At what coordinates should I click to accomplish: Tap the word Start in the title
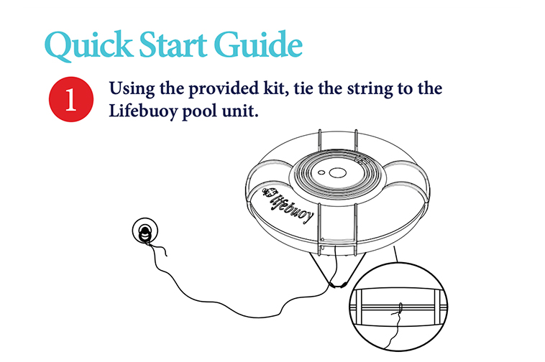click(180, 45)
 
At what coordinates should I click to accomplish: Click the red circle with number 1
click(70, 99)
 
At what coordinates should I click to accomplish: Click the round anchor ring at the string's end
click(145, 231)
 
